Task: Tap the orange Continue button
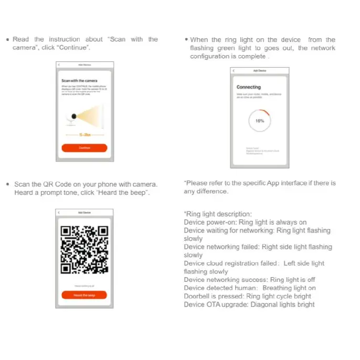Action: point(84,148)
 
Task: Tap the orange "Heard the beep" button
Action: point(84,295)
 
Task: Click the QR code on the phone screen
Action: point(84,250)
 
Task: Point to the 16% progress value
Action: point(259,121)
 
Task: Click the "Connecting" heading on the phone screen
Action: point(248,87)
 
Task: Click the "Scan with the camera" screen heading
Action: point(76,81)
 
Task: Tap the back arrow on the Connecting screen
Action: point(234,70)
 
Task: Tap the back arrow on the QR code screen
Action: point(59,212)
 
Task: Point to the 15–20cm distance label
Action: point(84,135)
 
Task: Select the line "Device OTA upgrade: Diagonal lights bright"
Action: point(249,304)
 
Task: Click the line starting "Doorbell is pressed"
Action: point(247,296)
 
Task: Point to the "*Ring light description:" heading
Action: point(218,214)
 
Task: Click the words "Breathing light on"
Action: point(289,288)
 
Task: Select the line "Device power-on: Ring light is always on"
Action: point(245,222)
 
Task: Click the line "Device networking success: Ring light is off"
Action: point(249,280)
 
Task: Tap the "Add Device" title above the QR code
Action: point(84,212)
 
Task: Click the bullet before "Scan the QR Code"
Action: point(7,184)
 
